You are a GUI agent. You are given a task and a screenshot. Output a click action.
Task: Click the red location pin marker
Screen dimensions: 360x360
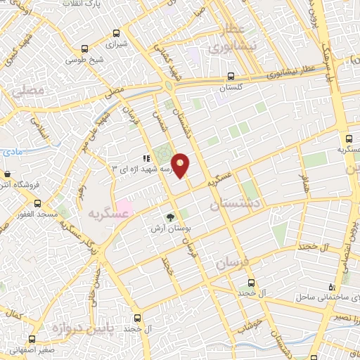[181, 165]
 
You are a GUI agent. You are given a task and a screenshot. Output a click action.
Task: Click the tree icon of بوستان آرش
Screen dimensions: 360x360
[169, 217]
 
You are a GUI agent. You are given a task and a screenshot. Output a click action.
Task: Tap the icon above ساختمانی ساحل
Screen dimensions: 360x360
[333, 287]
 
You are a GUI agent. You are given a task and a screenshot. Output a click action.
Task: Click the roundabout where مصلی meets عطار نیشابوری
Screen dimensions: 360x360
[169, 86]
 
